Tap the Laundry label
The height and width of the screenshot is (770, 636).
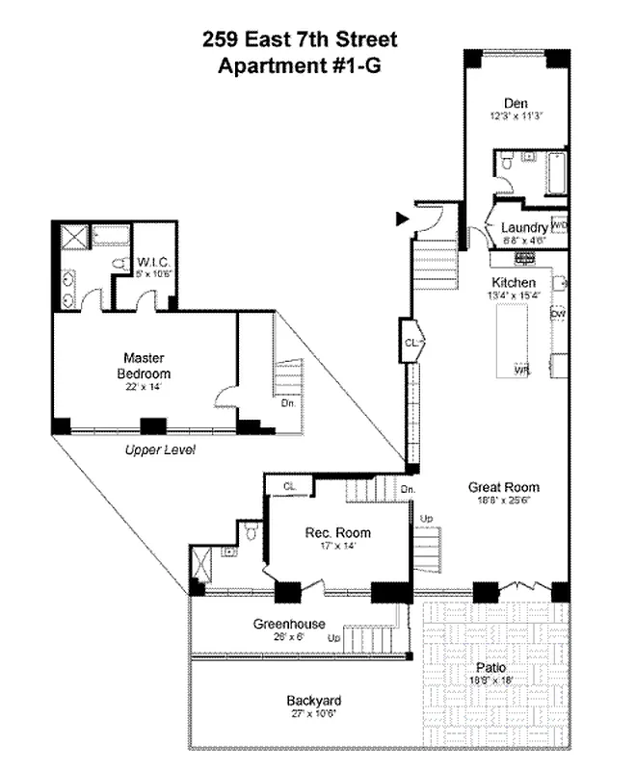tap(524, 228)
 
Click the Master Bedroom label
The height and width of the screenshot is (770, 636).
tap(144, 365)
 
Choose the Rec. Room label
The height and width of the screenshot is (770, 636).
tap(338, 532)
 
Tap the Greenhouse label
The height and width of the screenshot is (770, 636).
tap(289, 623)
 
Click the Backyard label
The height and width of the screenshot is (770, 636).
tap(314, 700)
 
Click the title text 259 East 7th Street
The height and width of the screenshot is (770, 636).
tap(300, 39)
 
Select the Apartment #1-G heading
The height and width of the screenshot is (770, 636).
tap(300, 66)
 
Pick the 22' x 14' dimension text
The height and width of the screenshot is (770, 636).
tap(144, 387)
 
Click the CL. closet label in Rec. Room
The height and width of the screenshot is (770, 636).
tap(290, 487)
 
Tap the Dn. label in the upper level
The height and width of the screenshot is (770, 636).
tap(288, 403)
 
